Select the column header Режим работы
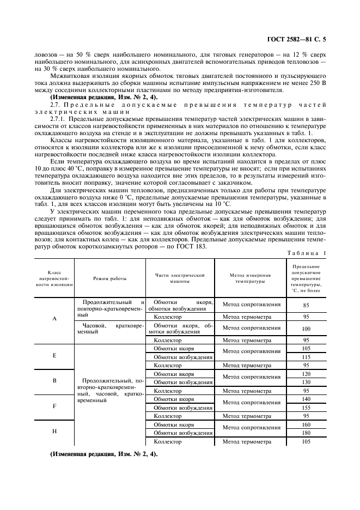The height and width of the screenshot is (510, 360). pos(109,278)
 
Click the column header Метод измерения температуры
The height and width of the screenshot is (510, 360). pos(250,278)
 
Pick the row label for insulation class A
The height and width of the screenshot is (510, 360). pos(54,319)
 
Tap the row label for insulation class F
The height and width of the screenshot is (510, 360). pos(54,406)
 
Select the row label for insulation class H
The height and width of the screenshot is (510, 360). pos(54,431)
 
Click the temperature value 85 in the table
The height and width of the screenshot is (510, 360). pos(306,306)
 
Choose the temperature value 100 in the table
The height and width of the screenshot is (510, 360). pos(306,329)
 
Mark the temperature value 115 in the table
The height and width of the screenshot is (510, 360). pos(306,357)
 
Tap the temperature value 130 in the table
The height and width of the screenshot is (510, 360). pos(306,382)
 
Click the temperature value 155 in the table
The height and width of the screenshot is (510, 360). pos(306,408)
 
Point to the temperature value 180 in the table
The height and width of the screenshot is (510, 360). pos(306,433)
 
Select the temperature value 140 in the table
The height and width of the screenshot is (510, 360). pos(306,399)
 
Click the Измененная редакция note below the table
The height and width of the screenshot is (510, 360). pos(103,454)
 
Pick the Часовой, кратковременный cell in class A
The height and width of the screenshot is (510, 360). pos(109,329)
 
